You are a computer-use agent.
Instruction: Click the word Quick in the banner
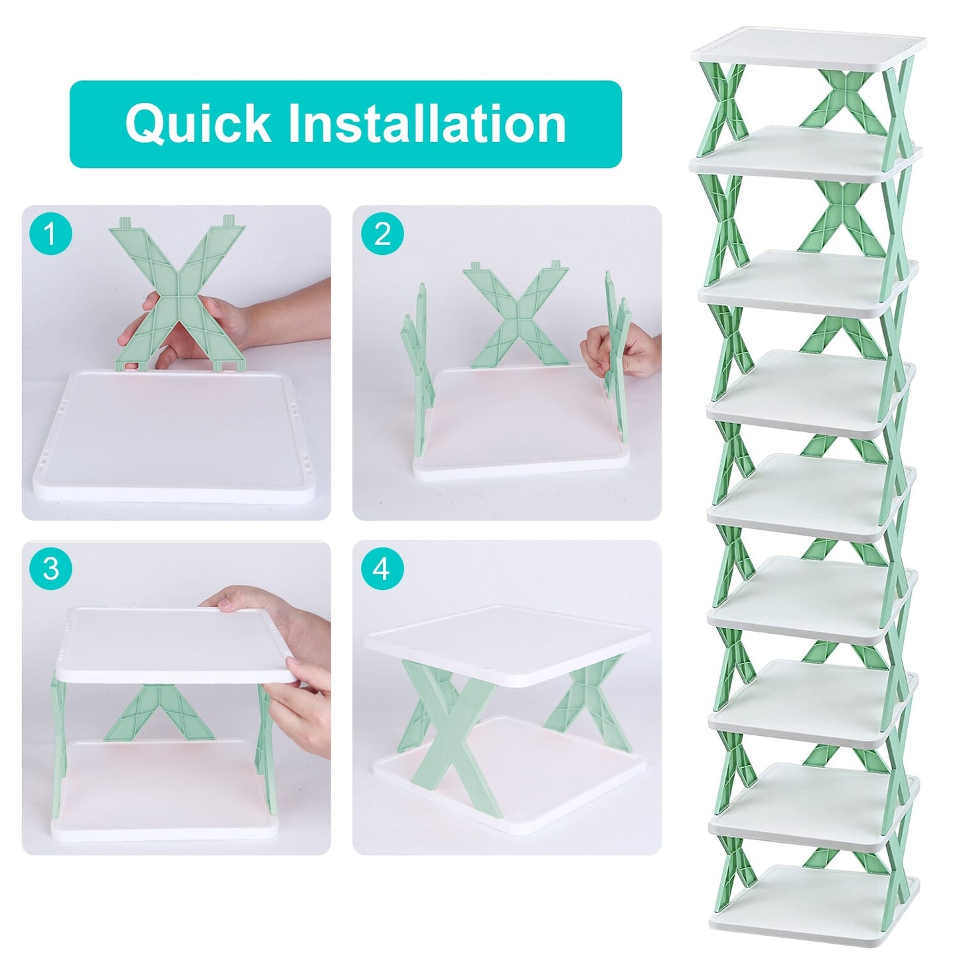[198, 123]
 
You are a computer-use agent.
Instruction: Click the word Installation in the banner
[427, 123]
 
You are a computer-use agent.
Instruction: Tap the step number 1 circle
[51, 234]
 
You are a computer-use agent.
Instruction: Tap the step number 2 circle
[382, 234]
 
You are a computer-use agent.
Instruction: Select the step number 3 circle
[51, 569]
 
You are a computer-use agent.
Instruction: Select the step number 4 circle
[382, 569]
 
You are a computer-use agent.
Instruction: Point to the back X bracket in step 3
[159, 713]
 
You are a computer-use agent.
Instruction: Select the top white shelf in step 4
[508, 640]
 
